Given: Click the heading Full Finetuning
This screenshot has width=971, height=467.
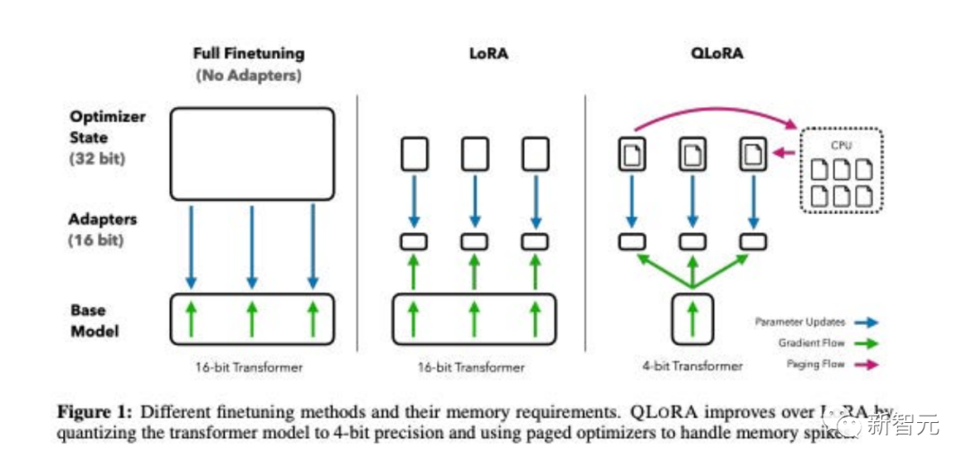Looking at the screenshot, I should pyautogui.click(x=248, y=54).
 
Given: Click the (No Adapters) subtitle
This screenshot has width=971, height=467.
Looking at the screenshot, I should pyautogui.click(x=248, y=76).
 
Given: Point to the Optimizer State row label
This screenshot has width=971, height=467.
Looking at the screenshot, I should pyautogui.click(x=108, y=128).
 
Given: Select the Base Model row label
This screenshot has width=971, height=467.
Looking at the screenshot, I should pyautogui.click(x=94, y=319).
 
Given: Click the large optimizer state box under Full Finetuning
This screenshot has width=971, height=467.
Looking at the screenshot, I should pyautogui.click(x=252, y=153).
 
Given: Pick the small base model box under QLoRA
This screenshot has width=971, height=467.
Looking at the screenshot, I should pyautogui.click(x=692, y=319).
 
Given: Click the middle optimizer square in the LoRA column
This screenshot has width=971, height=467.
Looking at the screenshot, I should pyautogui.click(x=475, y=153).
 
